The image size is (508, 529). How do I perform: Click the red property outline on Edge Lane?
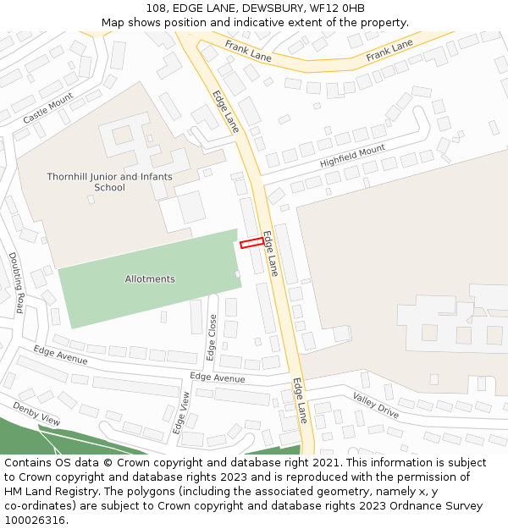[x=252, y=243]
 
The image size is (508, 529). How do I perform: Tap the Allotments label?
[x=150, y=279]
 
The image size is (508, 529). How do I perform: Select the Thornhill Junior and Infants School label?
[x=109, y=182]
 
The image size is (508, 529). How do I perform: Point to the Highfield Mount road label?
[x=352, y=157]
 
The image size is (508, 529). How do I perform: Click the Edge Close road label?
[x=213, y=337]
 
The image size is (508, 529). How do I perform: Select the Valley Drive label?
[x=376, y=405]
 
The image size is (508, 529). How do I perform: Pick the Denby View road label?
[x=36, y=414]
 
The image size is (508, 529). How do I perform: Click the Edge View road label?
[x=181, y=413]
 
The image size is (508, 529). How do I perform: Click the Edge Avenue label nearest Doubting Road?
[x=60, y=355]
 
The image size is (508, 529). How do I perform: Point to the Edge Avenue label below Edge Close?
[x=218, y=377]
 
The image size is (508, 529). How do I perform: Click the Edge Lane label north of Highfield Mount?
[x=226, y=112]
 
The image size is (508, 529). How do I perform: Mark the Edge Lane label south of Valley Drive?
[x=300, y=400]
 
